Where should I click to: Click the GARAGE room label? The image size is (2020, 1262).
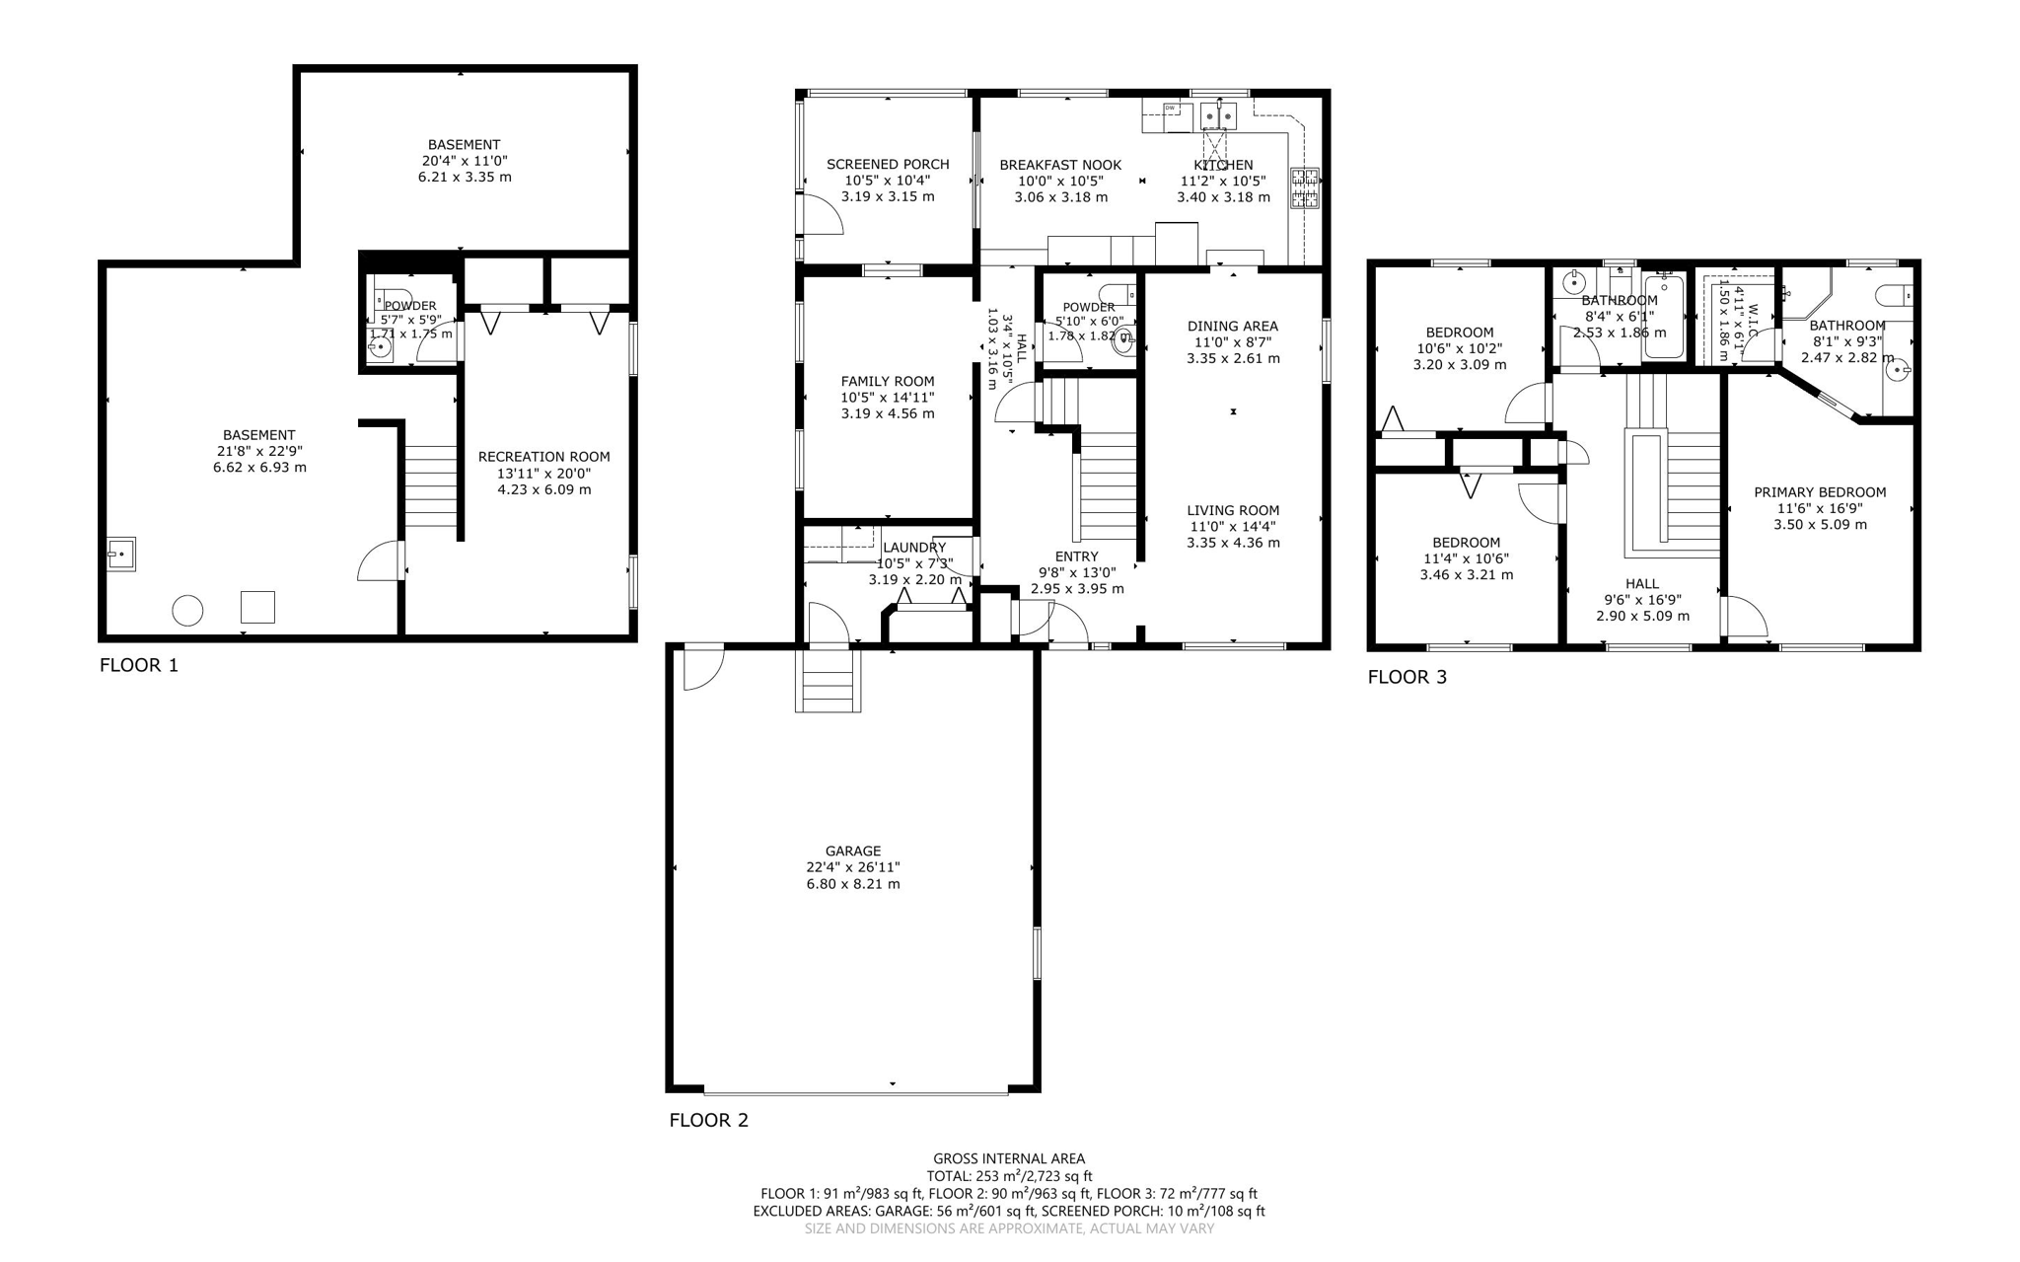point(853,851)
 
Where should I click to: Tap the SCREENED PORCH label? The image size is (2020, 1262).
point(888,165)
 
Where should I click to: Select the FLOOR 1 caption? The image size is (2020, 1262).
point(139,665)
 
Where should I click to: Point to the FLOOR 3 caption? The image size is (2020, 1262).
point(1407,677)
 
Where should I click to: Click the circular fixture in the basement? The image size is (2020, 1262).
point(187,611)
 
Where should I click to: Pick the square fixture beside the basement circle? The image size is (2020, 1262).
point(257,607)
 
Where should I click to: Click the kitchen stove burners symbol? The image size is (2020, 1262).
point(1305,189)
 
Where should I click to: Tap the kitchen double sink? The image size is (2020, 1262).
point(1219,116)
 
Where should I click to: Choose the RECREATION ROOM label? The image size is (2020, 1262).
point(543,457)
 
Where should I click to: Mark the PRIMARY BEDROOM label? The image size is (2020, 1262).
point(1820,492)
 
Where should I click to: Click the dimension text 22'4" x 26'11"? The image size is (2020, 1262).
point(853,867)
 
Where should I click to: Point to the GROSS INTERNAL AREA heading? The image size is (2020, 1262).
point(1009,1158)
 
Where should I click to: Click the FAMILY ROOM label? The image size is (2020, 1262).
point(887,381)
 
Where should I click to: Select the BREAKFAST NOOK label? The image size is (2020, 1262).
point(1060,165)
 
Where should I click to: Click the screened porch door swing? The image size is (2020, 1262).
point(821,214)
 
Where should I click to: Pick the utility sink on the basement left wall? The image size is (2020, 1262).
point(121,555)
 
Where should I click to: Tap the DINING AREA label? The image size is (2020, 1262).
point(1232,326)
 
